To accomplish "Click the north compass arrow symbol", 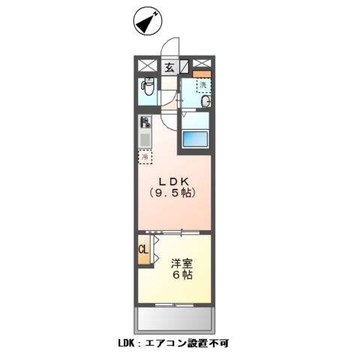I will pyautogui.click(x=145, y=21).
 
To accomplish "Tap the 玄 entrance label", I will pyautogui.click(x=169, y=67).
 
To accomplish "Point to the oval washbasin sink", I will pyautogui.click(x=206, y=103).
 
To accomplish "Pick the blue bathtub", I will pyautogui.click(x=194, y=139).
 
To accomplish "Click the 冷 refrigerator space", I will pyautogui.click(x=144, y=157).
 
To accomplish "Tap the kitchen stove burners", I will pyautogui.click(x=144, y=121).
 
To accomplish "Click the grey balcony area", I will pyautogui.click(x=174, y=320).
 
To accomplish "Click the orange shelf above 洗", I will pyautogui.click(x=199, y=73).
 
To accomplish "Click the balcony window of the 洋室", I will pyautogui.click(x=173, y=304).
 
